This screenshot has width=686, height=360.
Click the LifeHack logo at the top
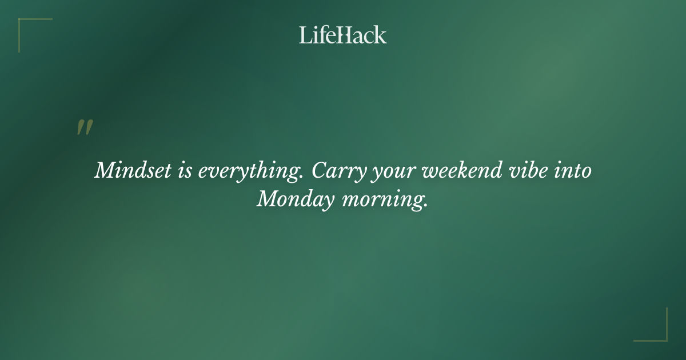click(343, 35)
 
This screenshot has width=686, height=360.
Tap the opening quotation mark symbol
click(84, 128)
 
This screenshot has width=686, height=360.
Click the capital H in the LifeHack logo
click(341, 35)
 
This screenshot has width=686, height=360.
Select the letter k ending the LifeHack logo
click(380, 35)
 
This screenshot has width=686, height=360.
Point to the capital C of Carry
click(321, 170)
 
